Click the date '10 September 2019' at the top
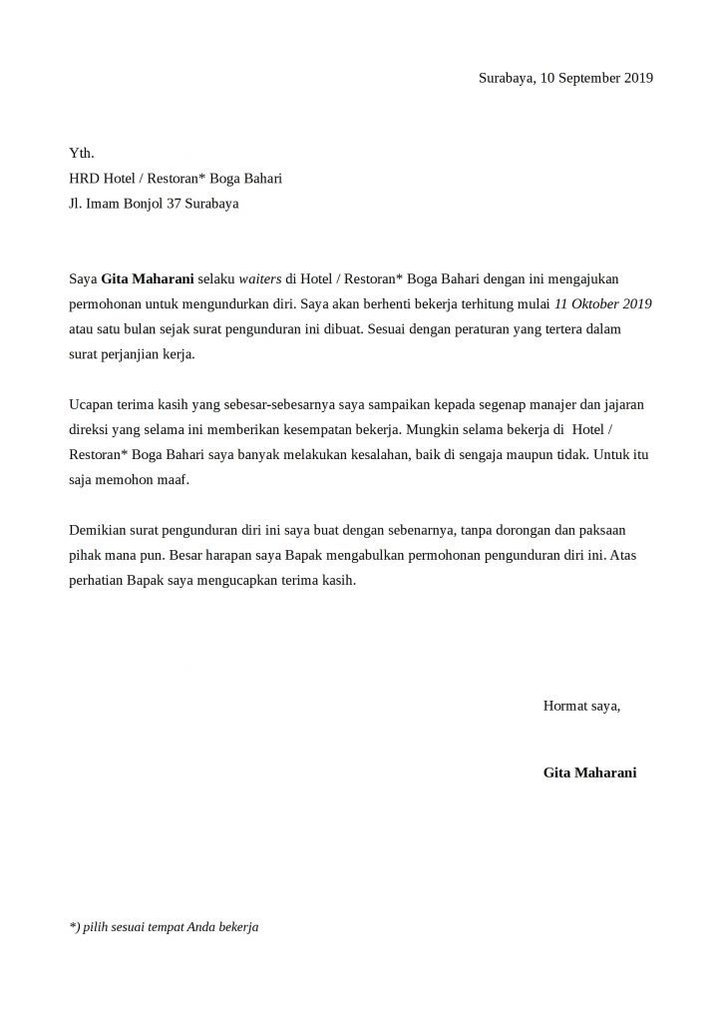[596, 78]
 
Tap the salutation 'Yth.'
[81, 153]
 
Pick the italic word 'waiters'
[259, 279]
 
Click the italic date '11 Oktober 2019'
[603, 303]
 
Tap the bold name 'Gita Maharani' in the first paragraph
[148, 279]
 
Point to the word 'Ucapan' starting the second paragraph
[91, 405]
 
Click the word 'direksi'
[91, 430]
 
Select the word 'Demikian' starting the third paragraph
[98, 530]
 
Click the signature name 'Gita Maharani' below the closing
[590, 772]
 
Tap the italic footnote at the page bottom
[165, 927]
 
